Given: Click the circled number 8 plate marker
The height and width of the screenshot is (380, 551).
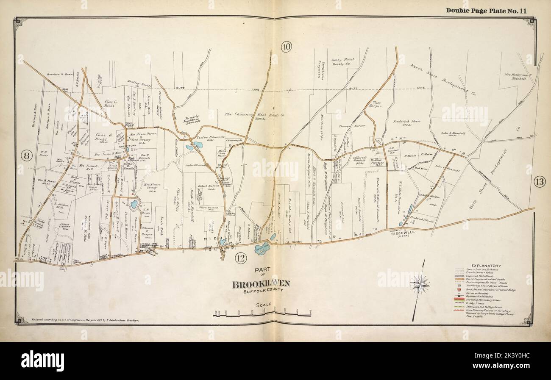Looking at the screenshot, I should [x=26, y=156].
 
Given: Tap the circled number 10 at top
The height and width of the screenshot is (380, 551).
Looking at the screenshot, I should [x=286, y=47].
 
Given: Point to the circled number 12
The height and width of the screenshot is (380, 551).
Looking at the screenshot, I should [x=240, y=258].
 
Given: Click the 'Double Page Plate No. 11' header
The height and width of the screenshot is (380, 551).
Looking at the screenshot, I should [x=486, y=11].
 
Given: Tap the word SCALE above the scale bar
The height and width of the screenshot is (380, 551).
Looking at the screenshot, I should [x=263, y=305].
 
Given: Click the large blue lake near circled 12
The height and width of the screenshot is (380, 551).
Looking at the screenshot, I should [x=262, y=248].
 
